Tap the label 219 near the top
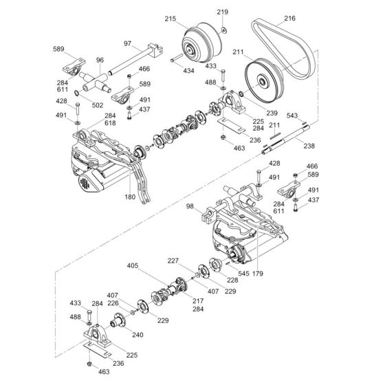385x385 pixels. pyautogui.click(x=222, y=12)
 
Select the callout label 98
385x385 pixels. pyautogui.click(x=190, y=206)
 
